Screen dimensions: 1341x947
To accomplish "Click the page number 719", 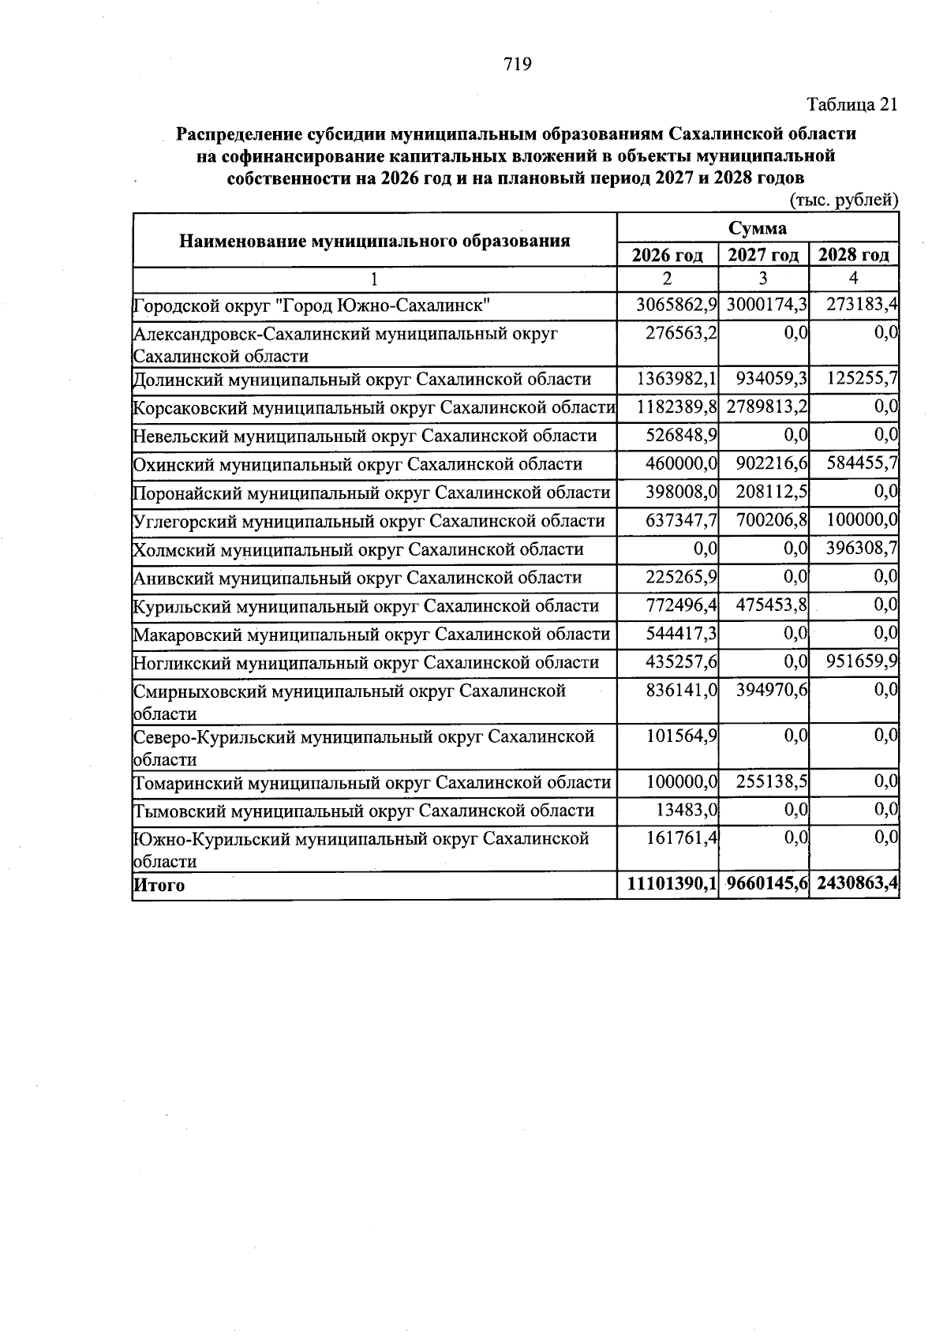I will pos(518,64).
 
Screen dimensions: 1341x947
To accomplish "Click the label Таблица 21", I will pos(852,105).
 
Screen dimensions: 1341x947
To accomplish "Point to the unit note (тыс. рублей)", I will pos(844,200).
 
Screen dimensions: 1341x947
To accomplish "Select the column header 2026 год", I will pos(668,255).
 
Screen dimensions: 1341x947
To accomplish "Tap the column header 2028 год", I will pos(853,255).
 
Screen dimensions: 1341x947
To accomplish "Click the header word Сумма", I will pos(757,228).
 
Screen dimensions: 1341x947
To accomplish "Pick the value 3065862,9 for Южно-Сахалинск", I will pos(676,305).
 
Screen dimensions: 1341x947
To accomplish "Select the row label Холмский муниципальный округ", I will pos(358,549).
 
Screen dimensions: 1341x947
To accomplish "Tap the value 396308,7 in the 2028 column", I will pos(862,549).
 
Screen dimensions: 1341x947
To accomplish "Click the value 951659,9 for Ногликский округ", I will pos(862,661).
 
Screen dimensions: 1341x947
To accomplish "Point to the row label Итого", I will pos(159,886).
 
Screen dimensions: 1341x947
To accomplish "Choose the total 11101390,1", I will pos(672,885).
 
